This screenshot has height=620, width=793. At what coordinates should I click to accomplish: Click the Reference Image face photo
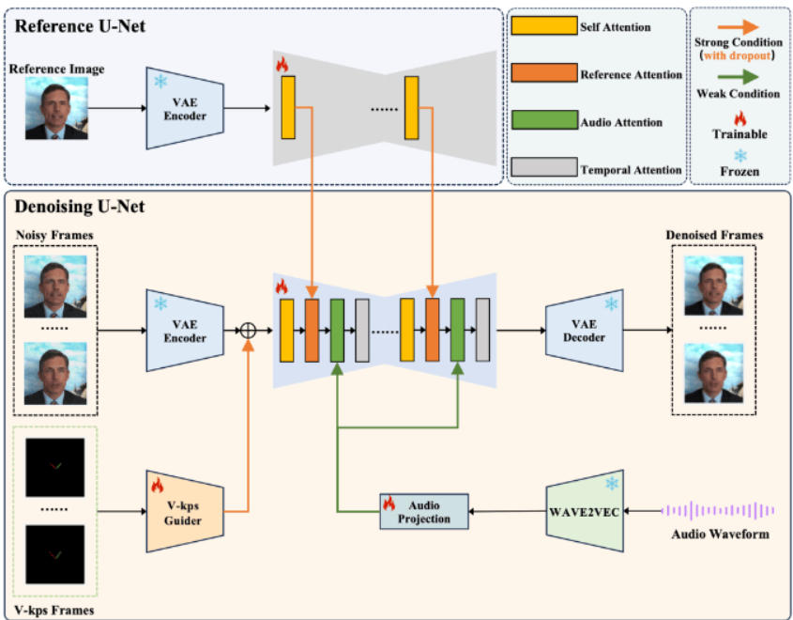tap(56, 108)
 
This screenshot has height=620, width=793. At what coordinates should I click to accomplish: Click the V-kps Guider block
tap(184, 511)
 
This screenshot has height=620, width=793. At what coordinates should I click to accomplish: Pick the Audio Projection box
tap(423, 511)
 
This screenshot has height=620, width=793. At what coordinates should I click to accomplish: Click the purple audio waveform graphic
tap(718, 511)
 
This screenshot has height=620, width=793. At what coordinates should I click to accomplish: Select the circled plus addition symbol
tap(249, 330)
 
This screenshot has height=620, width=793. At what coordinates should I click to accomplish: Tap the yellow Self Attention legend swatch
tap(543, 26)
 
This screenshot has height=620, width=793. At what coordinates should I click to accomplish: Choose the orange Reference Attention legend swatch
tap(543, 73)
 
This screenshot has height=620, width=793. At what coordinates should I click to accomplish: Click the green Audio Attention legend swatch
tap(543, 121)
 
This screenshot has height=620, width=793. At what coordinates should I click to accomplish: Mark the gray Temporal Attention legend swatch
tap(543, 168)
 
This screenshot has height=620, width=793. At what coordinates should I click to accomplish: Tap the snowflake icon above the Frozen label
tap(739, 153)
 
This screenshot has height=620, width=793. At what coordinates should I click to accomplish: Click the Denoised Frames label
tap(712, 235)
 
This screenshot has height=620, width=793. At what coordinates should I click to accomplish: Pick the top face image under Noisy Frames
tap(56, 287)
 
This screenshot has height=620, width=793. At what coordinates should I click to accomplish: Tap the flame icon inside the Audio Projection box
tap(389, 503)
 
